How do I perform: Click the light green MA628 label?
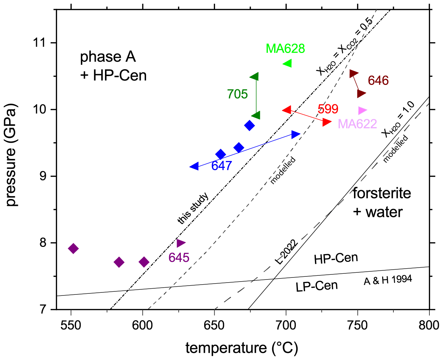point(285,49)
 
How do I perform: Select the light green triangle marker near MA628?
point(288,63)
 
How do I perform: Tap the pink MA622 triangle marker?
point(362,110)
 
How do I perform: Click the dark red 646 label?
point(378,80)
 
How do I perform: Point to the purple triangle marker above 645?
point(181,243)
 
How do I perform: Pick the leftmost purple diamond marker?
point(73,249)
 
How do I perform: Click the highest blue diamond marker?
point(249,125)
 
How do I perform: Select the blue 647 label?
point(221,166)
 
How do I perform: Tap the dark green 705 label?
point(237,94)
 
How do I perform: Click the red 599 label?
point(328,109)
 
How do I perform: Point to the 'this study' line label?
point(193,208)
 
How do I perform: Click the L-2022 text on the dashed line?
point(286,252)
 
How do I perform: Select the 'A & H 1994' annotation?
point(388,280)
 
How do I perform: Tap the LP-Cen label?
point(317,286)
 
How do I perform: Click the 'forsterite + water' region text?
point(382,202)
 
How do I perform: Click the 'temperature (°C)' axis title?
point(242,348)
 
